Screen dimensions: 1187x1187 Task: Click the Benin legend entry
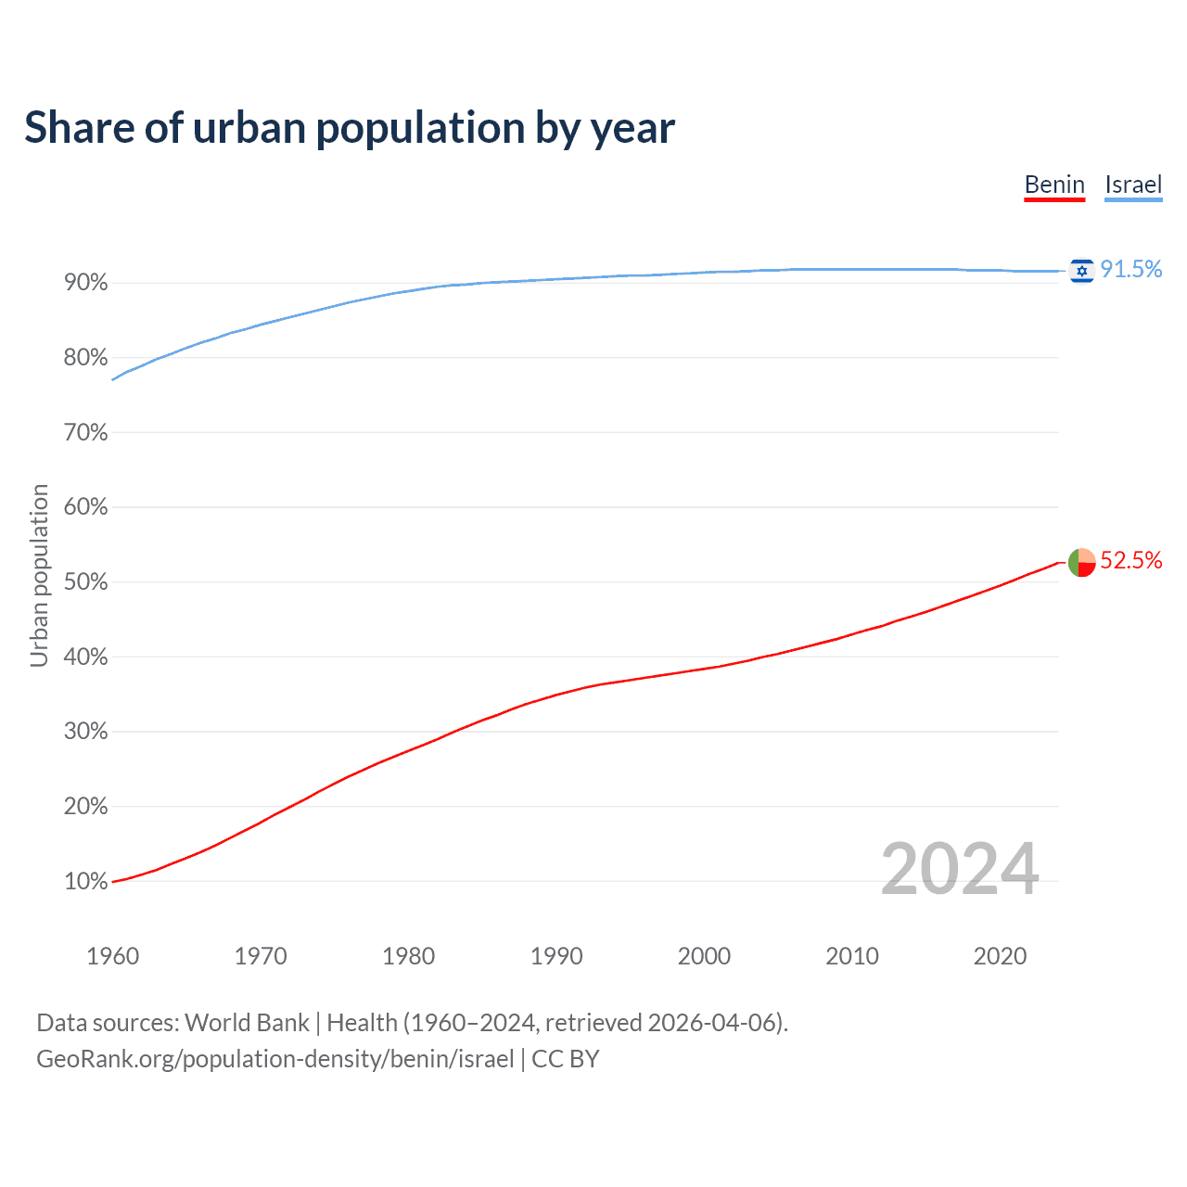click(x=1054, y=185)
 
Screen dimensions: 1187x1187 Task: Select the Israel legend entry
click(x=1133, y=185)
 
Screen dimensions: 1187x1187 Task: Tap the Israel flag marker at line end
click(x=1081, y=271)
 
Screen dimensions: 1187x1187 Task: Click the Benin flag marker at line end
click(x=1081, y=562)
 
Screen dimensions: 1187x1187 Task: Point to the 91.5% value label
click(x=1131, y=269)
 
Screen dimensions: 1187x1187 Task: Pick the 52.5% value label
click(x=1131, y=560)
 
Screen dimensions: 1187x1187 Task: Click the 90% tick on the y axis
click(x=85, y=283)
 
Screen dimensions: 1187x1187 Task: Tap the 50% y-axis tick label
click(x=85, y=582)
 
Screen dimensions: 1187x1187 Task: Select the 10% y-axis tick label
click(x=85, y=882)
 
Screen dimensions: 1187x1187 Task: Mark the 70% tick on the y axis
click(x=85, y=433)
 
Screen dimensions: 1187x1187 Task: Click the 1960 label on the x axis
click(x=112, y=956)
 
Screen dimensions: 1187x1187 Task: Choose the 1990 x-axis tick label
click(x=556, y=956)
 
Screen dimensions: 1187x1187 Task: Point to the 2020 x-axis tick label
click(x=1000, y=956)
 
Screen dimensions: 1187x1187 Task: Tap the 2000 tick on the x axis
click(x=704, y=956)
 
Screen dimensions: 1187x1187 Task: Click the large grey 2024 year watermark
click(x=960, y=869)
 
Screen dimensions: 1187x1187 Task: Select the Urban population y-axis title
click(x=39, y=575)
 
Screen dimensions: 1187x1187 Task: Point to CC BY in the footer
click(x=566, y=1059)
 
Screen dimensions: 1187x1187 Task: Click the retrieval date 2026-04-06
click(x=714, y=1023)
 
